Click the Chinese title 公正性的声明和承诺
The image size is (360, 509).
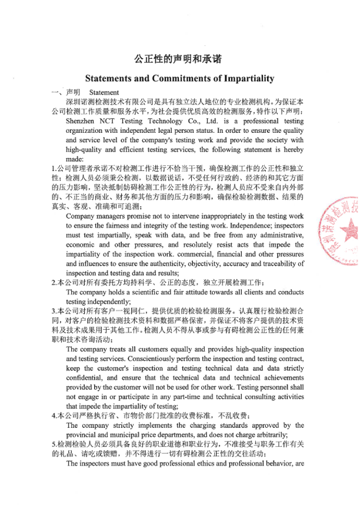179,59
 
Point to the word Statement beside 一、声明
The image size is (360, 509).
104,93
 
